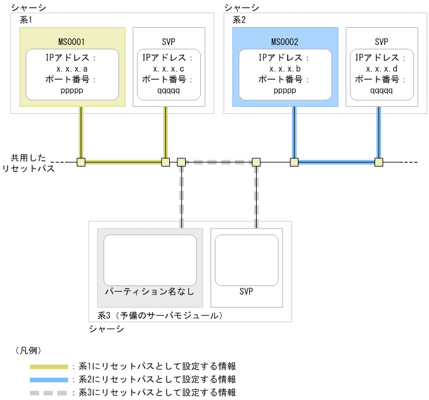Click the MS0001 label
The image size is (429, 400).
[72, 42]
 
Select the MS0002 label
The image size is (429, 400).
[285, 42]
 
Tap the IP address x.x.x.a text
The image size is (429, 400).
[72, 68]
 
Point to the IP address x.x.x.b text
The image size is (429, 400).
[285, 68]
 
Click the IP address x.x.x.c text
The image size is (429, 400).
[169, 68]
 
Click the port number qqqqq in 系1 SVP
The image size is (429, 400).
[169, 90]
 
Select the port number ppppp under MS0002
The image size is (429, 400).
[285, 90]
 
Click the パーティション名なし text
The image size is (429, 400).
[150, 292]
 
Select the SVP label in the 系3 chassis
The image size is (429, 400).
[247, 292]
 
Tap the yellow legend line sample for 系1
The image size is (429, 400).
[49, 366]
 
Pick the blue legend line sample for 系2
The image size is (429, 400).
[49, 379]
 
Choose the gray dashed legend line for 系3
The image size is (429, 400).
[49, 392]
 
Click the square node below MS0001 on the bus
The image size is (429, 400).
[80, 162]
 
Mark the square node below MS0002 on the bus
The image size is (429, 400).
[294, 162]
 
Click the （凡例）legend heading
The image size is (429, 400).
[28, 349]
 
